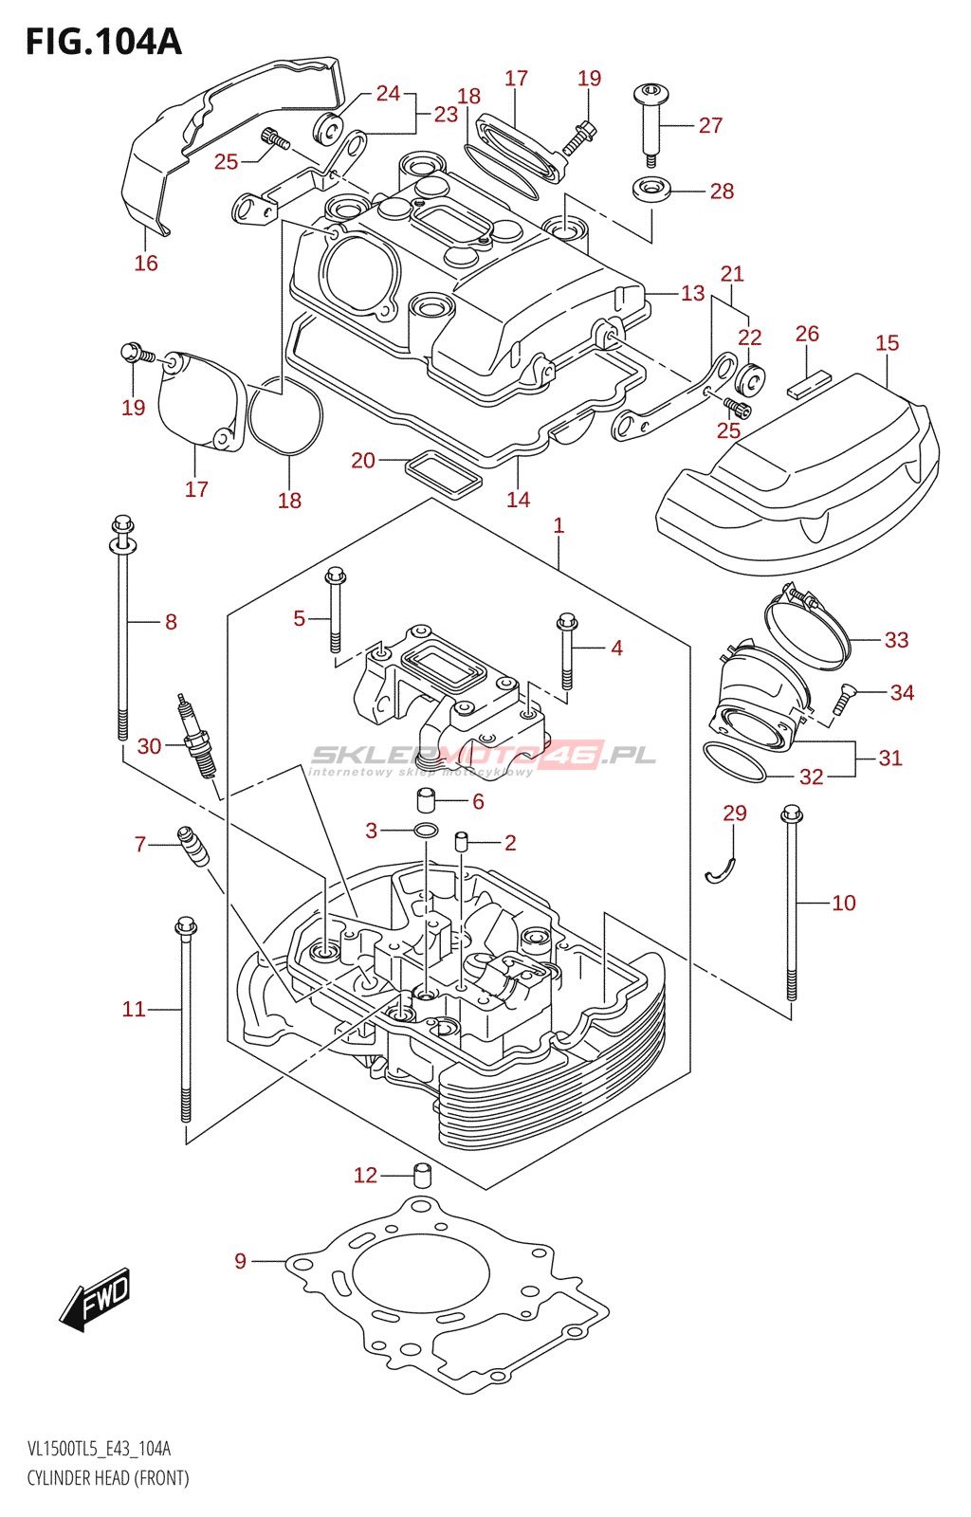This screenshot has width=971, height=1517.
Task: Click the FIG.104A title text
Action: [103, 42]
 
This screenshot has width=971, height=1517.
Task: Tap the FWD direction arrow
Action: [96, 1297]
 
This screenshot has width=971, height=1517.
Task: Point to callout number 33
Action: [896, 640]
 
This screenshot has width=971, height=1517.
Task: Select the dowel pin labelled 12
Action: [422, 1175]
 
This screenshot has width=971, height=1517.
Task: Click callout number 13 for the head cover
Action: [693, 294]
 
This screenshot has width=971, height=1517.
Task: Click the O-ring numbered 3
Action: [426, 832]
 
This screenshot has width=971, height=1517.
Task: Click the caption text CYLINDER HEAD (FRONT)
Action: [108, 1478]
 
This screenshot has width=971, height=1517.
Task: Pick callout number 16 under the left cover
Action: [146, 264]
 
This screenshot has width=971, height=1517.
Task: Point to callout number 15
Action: [887, 343]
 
